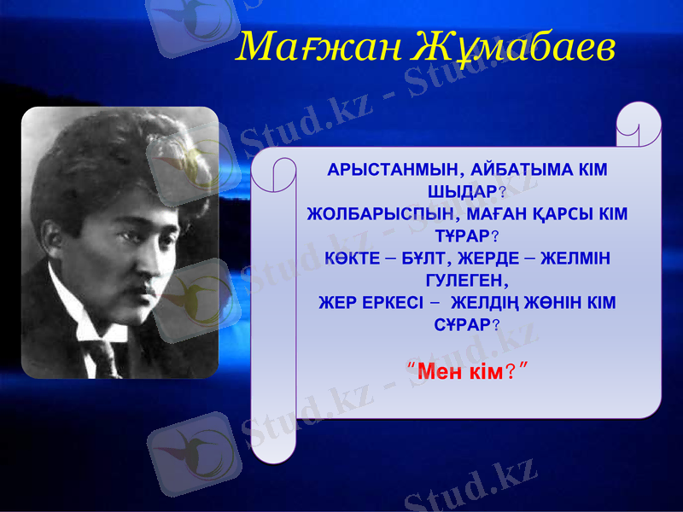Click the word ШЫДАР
(459, 191)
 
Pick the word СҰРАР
(461, 324)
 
